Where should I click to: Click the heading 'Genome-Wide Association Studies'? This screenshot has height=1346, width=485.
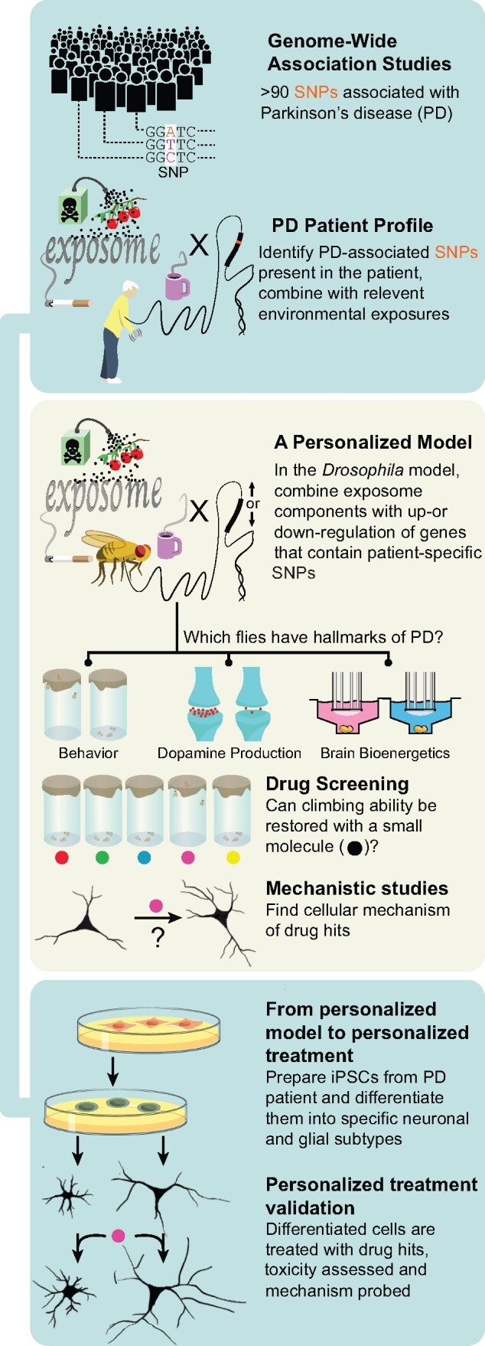pos(359,52)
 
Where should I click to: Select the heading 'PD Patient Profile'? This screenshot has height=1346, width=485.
pos(352,226)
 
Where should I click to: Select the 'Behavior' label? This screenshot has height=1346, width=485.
pos(89,753)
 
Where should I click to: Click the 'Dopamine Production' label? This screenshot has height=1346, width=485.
pos(229,753)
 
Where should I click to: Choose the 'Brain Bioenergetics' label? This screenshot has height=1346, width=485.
pos(385,753)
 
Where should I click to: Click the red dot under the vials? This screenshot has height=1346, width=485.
pos(62,858)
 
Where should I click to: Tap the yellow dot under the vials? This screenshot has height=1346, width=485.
pos(233,858)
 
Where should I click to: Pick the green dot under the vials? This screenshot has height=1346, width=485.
pos(103,858)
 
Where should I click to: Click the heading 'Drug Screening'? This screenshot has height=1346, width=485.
pos(337,784)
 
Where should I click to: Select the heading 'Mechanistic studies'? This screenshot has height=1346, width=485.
pos(356,888)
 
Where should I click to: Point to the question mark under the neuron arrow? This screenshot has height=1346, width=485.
pos(158,937)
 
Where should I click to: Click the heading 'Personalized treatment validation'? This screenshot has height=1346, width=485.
pos(371,1196)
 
